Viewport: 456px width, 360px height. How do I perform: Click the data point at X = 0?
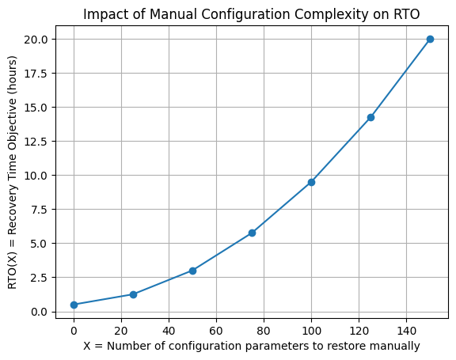click(74, 305)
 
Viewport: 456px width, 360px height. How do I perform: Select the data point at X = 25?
click(133, 294)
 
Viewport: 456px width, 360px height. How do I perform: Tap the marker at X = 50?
click(192, 271)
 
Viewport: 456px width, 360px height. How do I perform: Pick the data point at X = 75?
click(252, 233)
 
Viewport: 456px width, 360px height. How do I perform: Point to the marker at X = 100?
click(311, 182)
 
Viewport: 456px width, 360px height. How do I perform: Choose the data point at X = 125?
click(370, 117)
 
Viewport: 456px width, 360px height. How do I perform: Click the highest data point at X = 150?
click(430, 39)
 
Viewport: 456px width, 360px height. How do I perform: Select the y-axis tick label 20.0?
click(39, 39)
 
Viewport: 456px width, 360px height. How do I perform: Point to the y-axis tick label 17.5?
click(39, 73)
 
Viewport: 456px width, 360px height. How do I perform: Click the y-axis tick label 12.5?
click(39, 141)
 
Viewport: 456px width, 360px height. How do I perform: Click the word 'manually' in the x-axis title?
click(396, 346)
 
